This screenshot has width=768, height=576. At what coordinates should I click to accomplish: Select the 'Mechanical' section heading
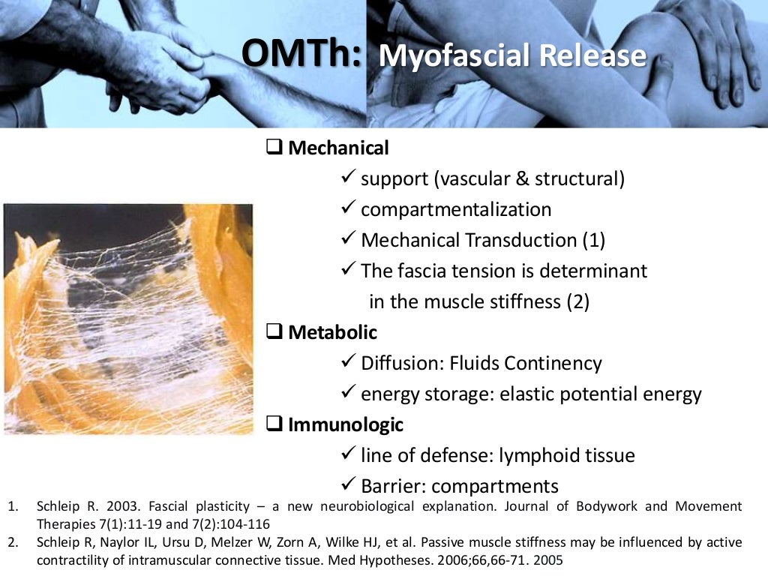[338, 148]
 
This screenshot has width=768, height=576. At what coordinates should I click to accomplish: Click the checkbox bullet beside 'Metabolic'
[275, 331]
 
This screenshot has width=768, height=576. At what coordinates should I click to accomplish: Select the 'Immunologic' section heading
[346, 424]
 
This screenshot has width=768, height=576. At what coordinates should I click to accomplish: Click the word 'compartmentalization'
[456, 209]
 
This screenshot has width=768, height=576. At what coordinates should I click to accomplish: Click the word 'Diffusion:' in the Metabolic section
[402, 363]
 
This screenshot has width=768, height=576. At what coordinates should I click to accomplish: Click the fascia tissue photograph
[128, 319]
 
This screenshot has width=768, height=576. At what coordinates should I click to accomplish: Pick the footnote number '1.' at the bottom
[13, 506]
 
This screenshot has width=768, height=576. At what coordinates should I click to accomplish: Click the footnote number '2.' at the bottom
[13, 542]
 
